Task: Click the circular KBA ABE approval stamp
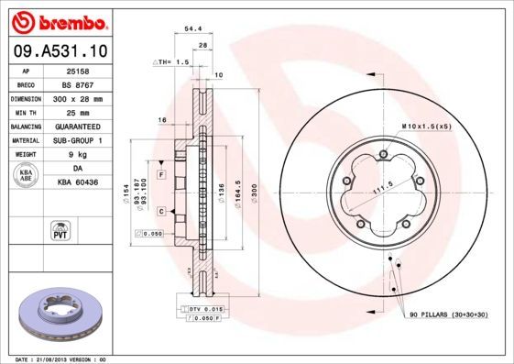(27, 177)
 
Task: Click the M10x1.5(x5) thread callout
(425, 125)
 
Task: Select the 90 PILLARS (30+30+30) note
(449, 315)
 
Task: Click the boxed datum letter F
(160, 174)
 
